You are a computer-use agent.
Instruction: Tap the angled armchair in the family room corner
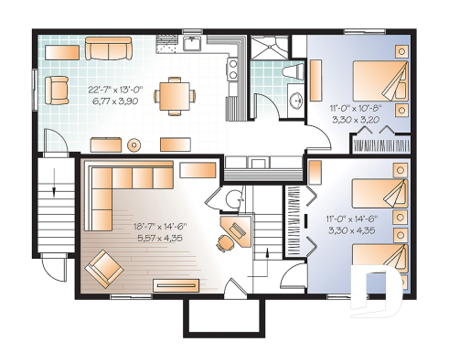tap(104, 268)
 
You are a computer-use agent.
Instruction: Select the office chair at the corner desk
tap(224, 242)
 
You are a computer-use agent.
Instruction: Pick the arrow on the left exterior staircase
tap(56, 190)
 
